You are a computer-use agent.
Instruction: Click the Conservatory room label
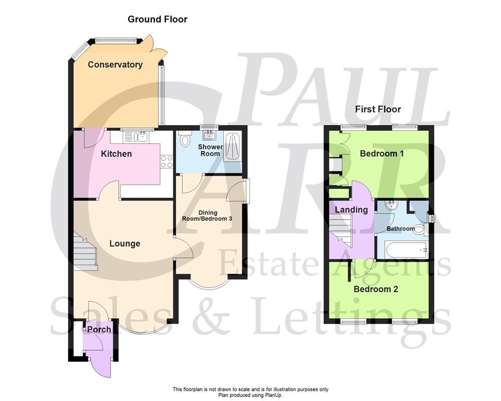tap(115, 65)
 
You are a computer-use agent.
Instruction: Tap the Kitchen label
tap(116, 154)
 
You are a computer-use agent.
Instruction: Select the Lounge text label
tap(125, 244)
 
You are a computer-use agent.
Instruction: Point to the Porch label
tap(99, 329)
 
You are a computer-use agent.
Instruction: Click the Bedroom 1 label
tap(382, 153)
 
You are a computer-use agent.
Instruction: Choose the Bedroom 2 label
tap(376, 289)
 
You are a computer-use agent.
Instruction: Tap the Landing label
tap(351, 210)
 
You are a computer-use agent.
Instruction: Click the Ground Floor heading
tap(157, 20)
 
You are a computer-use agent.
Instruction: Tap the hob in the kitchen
tap(166, 161)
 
